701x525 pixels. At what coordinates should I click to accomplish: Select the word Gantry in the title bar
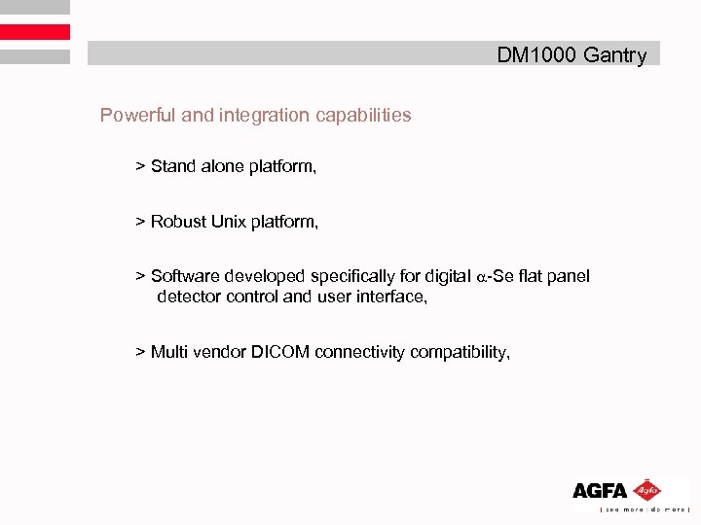[614, 55]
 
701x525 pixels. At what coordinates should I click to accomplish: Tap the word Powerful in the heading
[137, 116]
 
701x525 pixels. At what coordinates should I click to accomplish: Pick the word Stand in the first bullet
[172, 167]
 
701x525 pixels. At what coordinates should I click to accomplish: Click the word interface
[389, 297]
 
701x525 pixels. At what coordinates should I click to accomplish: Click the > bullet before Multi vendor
[140, 352]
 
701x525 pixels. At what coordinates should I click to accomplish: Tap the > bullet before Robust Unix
[140, 222]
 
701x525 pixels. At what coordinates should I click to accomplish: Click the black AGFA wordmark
[599, 492]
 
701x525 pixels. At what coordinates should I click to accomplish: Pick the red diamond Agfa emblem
[646, 490]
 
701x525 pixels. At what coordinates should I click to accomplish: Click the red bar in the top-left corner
[35, 32]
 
